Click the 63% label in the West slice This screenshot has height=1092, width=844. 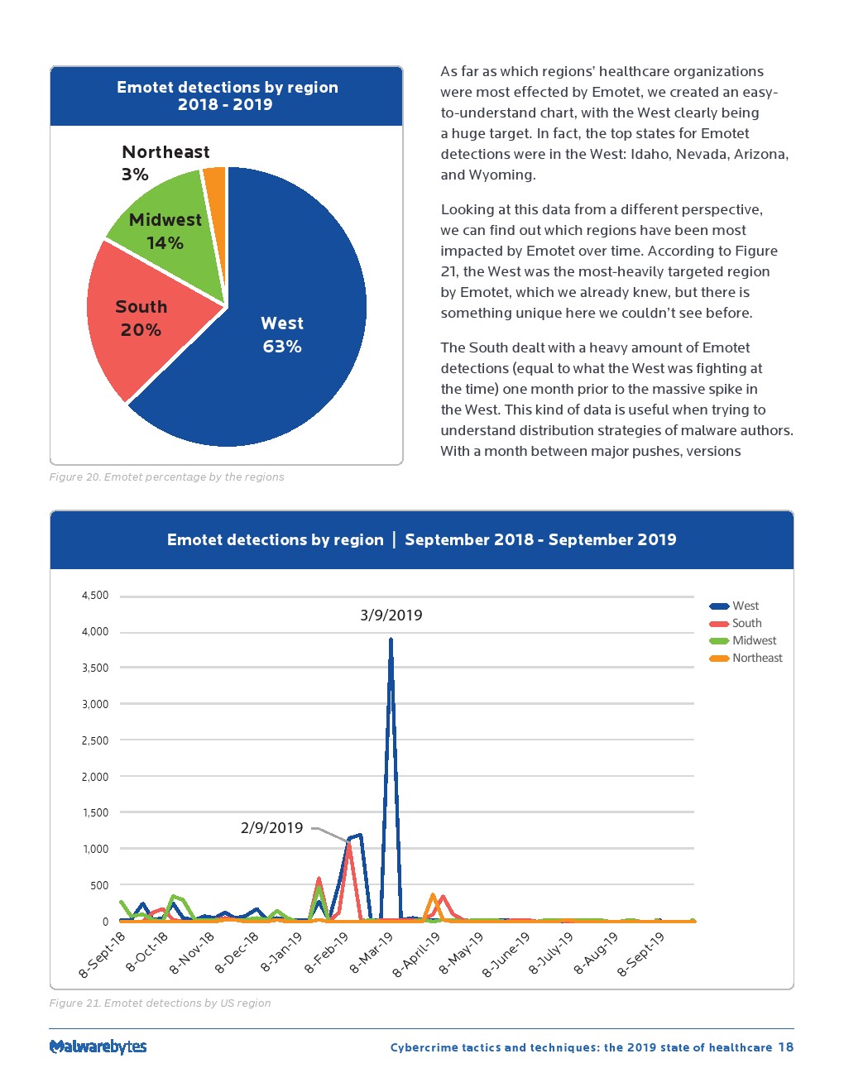click(282, 347)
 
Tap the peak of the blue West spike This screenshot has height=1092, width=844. click(391, 639)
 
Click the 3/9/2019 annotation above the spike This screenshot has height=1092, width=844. click(391, 615)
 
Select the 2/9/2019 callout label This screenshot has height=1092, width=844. click(271, 827)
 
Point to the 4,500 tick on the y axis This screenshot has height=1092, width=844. click(95, 595)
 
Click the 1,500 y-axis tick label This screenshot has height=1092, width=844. click(95, 812)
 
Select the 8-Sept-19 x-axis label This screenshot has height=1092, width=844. click(641, 954)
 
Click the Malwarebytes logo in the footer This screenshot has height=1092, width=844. click(98, 1046)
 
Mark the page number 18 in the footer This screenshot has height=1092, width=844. click(785, 1046)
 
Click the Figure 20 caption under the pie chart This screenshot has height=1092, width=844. click(166, 477)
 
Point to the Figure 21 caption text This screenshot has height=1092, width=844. click(160, 1003)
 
